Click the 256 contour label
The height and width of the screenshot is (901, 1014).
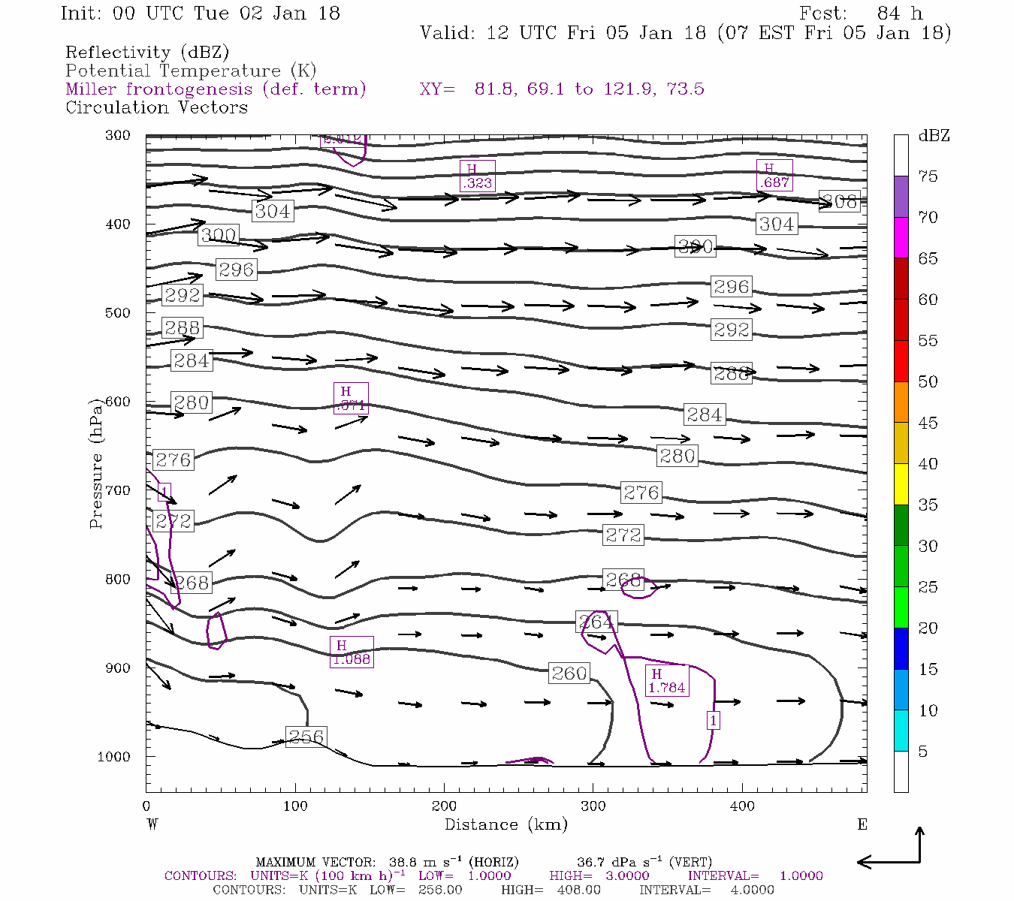306,737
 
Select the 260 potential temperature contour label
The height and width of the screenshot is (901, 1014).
569,673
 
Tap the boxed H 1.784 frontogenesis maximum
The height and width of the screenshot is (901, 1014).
666,681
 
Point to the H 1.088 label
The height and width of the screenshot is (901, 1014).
352,652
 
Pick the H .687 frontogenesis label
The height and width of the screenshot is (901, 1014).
774,176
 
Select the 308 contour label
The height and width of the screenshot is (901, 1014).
839,201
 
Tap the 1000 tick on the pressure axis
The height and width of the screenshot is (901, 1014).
114,756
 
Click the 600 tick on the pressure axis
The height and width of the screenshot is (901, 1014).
118,402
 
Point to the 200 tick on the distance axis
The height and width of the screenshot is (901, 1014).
444,806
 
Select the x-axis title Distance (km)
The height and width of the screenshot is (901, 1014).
505,824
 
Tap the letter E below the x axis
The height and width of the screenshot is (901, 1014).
862,824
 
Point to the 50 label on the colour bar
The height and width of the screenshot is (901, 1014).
928,382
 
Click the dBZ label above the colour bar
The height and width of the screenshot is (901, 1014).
934,136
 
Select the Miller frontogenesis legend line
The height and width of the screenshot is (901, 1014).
216,89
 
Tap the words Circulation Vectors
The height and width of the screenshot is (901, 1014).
156,107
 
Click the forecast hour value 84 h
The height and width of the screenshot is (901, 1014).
898,14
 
